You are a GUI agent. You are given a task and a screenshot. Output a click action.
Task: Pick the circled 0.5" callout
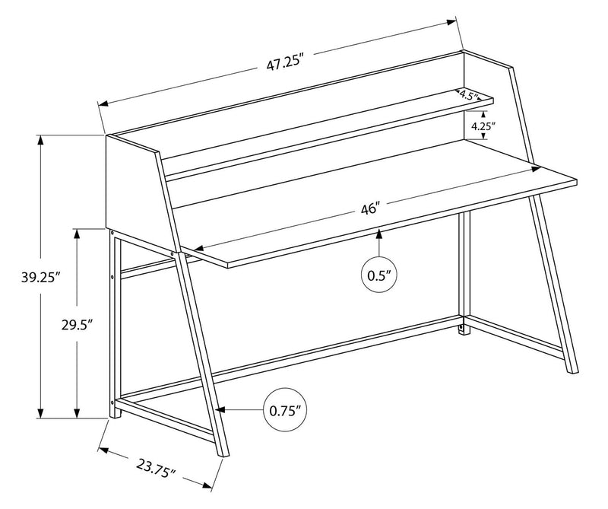pyautogui.click(x=379, y=275)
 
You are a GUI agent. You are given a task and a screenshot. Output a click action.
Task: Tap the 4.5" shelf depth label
pyautogui.click(x=467, y=97)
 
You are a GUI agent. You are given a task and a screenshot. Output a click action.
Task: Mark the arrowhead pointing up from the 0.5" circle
pyautogui.click(x=379, y=238)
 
